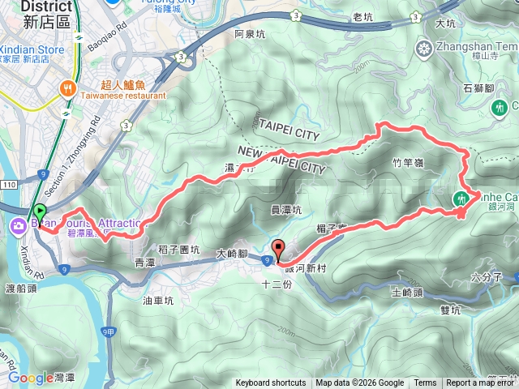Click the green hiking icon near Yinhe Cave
tap(461, 198)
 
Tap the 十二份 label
tap(275, 284)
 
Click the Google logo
tap(31, 378)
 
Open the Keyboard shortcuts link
tap(271, 383)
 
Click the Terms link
tap(425, 383)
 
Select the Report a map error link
tap(482, 383)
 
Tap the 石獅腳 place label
tap(480, 88)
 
